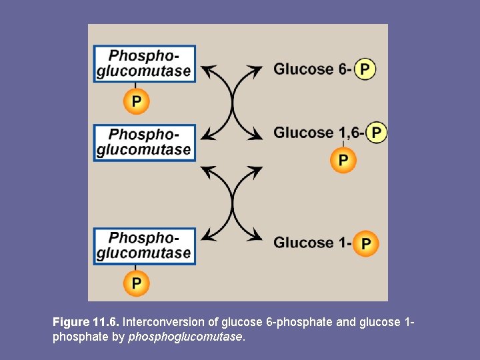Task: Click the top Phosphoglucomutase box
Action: pyautogui.click(x=145, y=64)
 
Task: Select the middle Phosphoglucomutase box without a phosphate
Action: pyautogui.click(x=145, y=142)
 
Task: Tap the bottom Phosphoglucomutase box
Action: pyautogui.click(x=145, y=245)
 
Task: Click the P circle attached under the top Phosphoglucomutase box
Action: pyautogui.click(x=136, y=101)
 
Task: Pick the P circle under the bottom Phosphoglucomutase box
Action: pyautogui.click(x=136, y=283)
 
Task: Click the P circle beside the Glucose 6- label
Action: pyautogui.click(x=365, y=69)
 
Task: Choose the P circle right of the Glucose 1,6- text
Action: pyautogui.click(x=377, y=133)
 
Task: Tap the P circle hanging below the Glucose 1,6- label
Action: pyautogui.click(x=343, y=160)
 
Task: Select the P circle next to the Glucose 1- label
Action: pyautogui.click(x=365, y=243)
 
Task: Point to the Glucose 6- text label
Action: pyautogui.click(x=312, y=69)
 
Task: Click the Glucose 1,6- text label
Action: pyautogui.click(x=318, y=133)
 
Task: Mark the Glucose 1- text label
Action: pyautogui.click(x=311, y=243)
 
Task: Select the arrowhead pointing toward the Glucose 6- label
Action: pyautogui.click(x=258, y=69)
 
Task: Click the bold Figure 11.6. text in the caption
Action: pyautogui.click(x=86, y=322)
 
